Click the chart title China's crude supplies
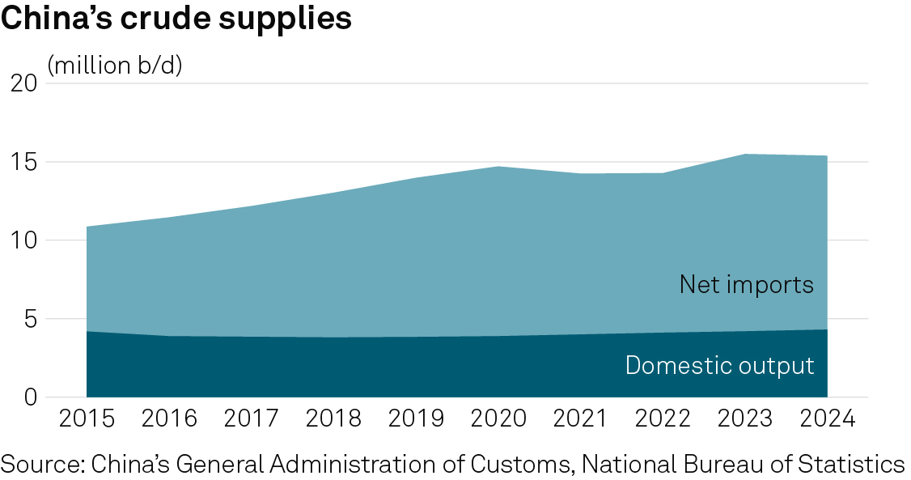(176, 19)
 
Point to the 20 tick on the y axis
(24, 83)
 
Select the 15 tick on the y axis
(24, 162)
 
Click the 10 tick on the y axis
(24, 240)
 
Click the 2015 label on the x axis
(87, 420)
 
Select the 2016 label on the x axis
(169, 420)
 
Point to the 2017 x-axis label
(252, 420)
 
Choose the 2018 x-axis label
(333, 420)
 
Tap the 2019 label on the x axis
(416, 420)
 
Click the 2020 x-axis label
(498, 420)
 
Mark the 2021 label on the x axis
(580, 420)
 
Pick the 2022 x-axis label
(663, 420)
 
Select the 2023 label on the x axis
(745, 420)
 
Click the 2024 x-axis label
(827, 420)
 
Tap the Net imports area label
(746, 285)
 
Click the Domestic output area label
(719, 365)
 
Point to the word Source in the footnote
(40, 465)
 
